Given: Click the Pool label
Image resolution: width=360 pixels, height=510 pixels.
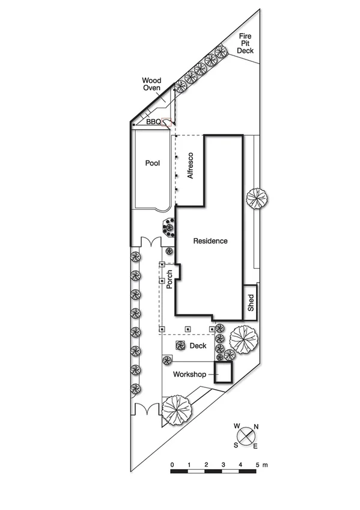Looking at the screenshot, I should click(x=151, y=163).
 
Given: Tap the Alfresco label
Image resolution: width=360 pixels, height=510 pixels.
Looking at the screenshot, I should click(x=191, y=167).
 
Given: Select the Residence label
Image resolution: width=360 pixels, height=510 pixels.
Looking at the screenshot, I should click(x=210, y=241).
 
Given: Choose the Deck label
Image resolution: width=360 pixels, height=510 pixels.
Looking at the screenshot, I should click(x=198, y=346).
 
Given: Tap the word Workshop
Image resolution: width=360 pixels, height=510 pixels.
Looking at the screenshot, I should click(x=189, y=374).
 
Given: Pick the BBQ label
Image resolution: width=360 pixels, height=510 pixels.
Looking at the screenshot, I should click(x=154, y=121).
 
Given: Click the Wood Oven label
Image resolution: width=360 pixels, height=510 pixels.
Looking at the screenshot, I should click(x=151, y=84).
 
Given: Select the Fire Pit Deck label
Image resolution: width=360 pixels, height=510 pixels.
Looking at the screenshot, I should click(x=245, y=44).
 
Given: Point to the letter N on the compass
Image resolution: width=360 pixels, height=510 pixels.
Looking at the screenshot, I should click(x=257, y=427).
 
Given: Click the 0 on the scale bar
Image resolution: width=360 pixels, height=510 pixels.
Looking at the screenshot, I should click(x=172, y=465).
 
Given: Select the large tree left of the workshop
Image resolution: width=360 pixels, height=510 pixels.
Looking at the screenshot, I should click(x=177, y=410).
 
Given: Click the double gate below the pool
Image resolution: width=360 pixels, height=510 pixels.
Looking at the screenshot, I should click(x=148, y=242).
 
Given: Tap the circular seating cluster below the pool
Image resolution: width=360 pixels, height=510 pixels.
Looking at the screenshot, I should click(x=169, y=228).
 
